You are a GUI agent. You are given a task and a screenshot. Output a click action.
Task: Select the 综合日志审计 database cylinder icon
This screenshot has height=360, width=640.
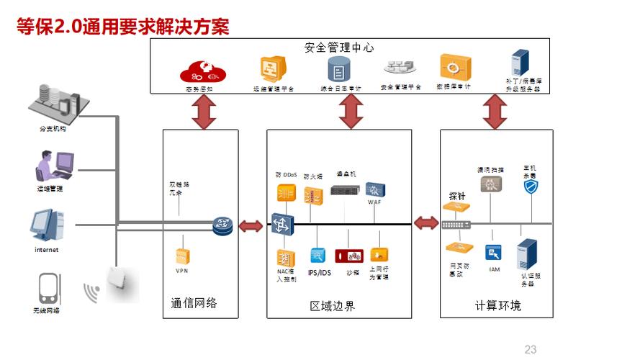pos(338,69)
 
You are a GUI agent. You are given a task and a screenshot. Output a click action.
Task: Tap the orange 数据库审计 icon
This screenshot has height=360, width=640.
pos(455,68)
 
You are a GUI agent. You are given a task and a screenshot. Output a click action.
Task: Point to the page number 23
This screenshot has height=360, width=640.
pos(531,350)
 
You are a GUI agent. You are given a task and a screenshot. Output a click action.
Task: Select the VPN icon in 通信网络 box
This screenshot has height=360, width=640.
pos(182,256)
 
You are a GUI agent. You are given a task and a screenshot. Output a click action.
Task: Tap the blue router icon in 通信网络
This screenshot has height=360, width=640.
pos(223,227)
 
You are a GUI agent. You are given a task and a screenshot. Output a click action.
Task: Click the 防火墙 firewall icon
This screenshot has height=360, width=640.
pos(312,194)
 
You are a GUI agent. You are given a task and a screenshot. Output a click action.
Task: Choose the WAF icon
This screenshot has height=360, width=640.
pos(374,190)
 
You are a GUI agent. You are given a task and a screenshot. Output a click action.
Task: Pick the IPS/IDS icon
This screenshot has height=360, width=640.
pos(317,256)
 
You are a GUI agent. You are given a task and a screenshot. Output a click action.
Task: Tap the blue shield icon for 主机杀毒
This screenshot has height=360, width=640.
pos(531,186)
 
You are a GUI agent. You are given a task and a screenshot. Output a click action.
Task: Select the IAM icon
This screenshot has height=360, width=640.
pos(493,253)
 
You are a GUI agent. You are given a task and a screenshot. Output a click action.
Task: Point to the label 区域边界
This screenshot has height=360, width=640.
pos(332,306)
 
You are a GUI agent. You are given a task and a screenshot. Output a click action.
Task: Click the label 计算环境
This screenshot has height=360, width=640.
pos(497,306)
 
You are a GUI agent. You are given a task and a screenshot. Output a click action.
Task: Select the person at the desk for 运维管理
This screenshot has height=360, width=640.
pos(52,166)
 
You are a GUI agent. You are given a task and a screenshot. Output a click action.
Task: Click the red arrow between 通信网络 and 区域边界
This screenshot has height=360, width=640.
pos(251,227)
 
